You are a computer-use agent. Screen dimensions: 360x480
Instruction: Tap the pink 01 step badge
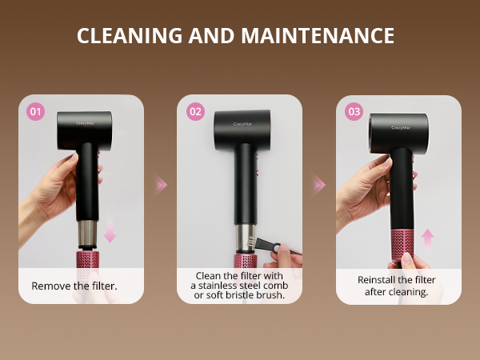point(36,112)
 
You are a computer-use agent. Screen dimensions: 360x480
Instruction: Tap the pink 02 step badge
point(195,112)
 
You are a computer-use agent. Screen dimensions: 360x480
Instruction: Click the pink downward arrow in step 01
point(110,233)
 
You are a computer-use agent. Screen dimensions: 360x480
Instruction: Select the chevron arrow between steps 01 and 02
point(161,185)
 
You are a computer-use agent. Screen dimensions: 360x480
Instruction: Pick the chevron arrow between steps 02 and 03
point(319,185)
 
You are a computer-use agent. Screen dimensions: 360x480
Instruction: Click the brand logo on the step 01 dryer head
point(86,123)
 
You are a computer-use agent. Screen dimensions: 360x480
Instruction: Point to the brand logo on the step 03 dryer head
point(401,126)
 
